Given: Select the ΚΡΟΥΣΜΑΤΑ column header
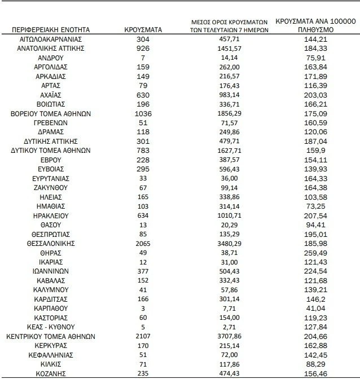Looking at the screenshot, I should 143,28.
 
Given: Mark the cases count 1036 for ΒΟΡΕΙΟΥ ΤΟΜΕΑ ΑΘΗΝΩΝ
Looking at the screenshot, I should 143,113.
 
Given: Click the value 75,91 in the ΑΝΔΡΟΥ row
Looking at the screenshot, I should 314,58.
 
